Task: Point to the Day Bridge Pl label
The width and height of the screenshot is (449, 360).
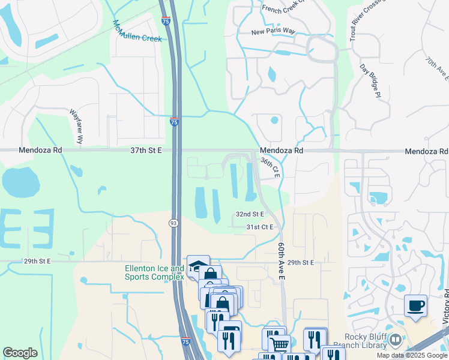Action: pyautogui.click(x=371, y=82)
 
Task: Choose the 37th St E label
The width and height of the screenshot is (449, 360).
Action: pyautogui.click(x=146, y=151)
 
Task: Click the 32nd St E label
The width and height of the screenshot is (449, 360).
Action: pyautogui.click(x=250, y=214)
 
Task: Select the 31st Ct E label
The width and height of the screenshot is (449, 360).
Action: pyautogui.click(x=260, y=227)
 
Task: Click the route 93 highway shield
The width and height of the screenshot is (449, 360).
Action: pyautogui.click(x=172, y=223)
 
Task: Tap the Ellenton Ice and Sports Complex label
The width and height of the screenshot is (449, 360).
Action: pyautogui.click(x=154, y=272)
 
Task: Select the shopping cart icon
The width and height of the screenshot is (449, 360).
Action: pyautogui.click(x=279, y=344)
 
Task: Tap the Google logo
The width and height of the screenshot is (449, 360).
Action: pyautogui.click(x=20, y=352)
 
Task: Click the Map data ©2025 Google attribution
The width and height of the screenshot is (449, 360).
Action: pyautogui.click(x=412, y=355)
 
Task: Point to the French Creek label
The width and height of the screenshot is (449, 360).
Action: pyautogui.click(x=283, y=8)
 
